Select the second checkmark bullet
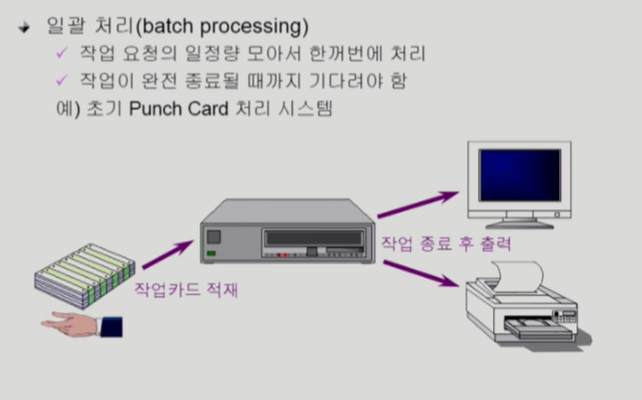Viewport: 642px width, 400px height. [63, 81]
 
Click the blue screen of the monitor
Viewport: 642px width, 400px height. [519, 174]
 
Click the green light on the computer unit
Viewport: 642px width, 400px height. [210, 255]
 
